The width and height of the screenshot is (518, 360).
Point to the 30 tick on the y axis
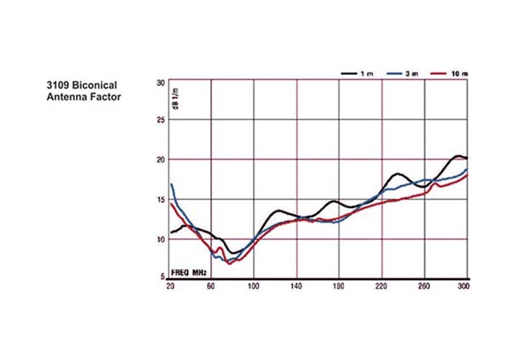click(x=160, y=83)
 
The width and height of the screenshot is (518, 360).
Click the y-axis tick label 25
click(x=160, y=120)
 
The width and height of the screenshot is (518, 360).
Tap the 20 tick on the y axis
click(x=160, y=159)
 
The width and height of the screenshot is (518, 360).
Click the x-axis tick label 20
click(x=170, y=287)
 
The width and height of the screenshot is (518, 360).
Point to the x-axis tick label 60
click(x=211, y=287)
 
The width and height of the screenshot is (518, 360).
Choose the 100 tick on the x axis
click(x=253, y=287)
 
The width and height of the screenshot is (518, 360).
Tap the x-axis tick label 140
click(x=296, y=287)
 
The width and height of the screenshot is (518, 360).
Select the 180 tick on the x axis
click(x=339, y=287)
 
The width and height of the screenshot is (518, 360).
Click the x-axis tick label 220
click(x=382, y=287)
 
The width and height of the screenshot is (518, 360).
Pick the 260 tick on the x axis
click(x=424, y=287)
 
